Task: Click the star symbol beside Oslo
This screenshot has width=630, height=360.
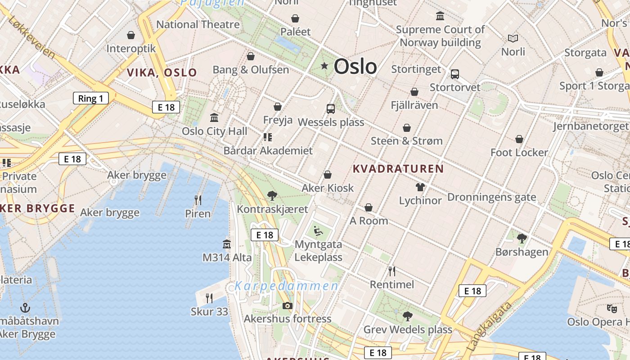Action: pos(324,66)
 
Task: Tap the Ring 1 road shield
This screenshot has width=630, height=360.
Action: pos(91,98)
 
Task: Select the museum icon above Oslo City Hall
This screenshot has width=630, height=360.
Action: pos(214,117)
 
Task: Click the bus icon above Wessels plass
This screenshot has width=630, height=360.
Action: pos(331,108)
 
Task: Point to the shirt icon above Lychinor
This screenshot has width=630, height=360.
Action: pos(420,187)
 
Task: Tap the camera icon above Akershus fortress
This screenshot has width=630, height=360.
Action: pos(287,306)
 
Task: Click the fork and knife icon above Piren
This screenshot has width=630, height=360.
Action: pos(198,199)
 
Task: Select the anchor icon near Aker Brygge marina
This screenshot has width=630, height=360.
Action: pos(25,308)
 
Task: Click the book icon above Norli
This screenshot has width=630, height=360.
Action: pos(513,39)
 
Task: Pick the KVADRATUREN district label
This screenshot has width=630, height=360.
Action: pos(398,169)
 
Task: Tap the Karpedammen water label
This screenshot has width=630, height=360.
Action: pos(286,286)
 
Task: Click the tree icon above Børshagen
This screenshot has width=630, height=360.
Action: pos(522,238)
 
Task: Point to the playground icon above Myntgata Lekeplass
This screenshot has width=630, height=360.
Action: pos(319,231)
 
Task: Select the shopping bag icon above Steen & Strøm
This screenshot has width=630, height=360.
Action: pos(407,128)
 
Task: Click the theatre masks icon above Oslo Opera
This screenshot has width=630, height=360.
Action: pos(612,309)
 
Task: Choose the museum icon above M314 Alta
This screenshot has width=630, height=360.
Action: pos(227,244)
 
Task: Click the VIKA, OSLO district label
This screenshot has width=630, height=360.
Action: pos(162,72)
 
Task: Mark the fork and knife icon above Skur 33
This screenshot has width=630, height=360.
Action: pos(209,298)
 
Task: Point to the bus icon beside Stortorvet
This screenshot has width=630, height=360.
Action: pos(455,74)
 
